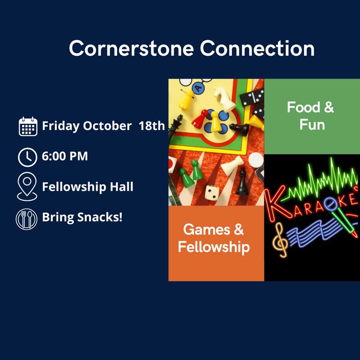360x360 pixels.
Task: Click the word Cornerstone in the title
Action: (131, 49)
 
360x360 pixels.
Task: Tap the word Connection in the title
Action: (257, 49)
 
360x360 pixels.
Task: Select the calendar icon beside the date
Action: (28, 126)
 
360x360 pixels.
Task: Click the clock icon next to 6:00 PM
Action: (27, 157)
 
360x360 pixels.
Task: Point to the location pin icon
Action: (27, 187)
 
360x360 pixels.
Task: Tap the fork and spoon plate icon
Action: (27, 219)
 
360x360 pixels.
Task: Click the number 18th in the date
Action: (152, 126)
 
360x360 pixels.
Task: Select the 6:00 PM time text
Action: (65, 156)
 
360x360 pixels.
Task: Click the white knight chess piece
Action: (223, 98)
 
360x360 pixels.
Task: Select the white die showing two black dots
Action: (212, 193)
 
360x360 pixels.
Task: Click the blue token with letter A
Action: (198, 88)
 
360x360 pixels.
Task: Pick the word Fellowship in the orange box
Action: (214, 247)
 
